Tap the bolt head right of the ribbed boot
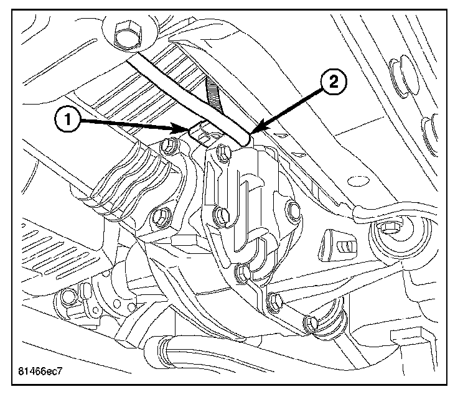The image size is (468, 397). tap(166, 148)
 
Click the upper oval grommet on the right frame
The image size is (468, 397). tap(395, 73)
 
